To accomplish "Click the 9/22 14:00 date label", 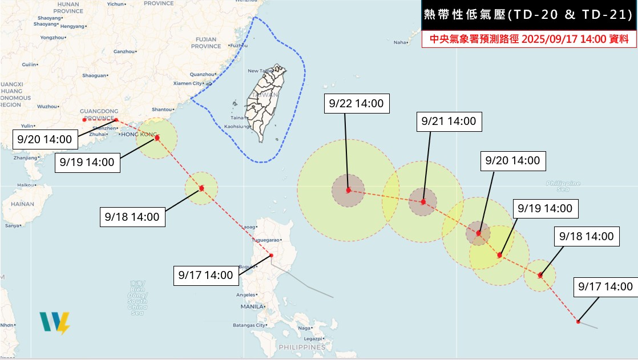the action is pos(356,104).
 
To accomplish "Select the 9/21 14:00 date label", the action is pos(448,121).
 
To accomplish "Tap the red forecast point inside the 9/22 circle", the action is pos(349,190).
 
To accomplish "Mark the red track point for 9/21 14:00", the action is pos(423,202).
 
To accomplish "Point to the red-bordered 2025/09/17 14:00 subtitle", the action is pos(528,39).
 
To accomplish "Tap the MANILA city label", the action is pos(252,306).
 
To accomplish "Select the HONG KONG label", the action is pos(136,135).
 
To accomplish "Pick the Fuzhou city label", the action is pos(239,45).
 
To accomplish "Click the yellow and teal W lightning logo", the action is pos(55,323).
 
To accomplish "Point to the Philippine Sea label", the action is pos(563,186).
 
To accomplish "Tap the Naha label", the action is pos(401,42).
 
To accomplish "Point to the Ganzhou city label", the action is pos(123,51).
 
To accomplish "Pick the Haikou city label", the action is pos(24,185).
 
